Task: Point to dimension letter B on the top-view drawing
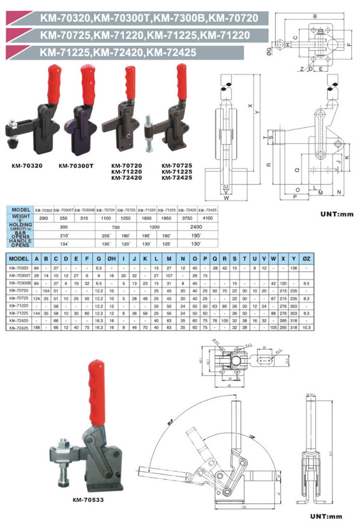click(315, 16)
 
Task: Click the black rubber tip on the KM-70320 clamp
click(11, 139)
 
